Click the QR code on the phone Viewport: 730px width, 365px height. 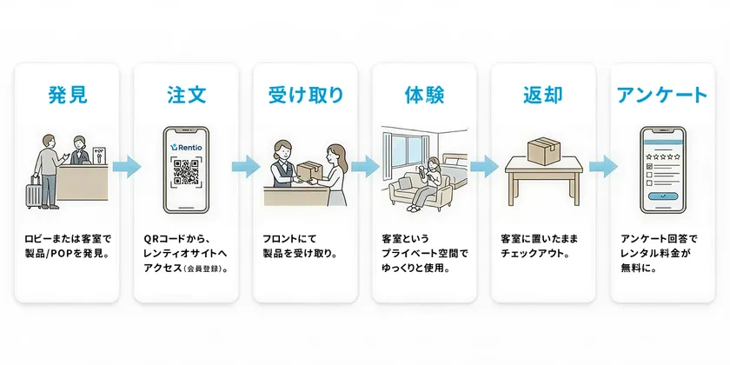click(186, 172)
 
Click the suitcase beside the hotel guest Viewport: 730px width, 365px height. click(34, 192)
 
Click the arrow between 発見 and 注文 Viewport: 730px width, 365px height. click(126, 165)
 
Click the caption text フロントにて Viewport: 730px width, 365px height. click(286, 237)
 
